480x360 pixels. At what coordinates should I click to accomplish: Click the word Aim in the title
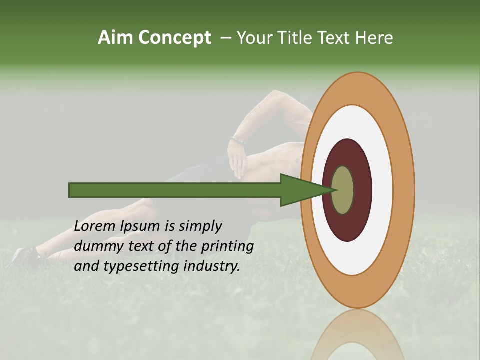[x=115, y=38]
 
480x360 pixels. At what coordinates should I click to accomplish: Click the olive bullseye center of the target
[x=343, y=190]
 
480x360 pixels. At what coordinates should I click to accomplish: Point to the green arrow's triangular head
[x=300, y=190]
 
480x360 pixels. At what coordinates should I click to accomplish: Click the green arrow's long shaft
[x=175, y=190]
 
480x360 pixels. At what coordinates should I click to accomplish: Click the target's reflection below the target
[x=357, y=335]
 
